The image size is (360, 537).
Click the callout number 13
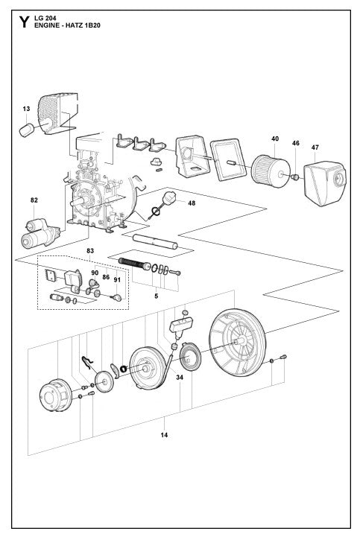click(26, 108)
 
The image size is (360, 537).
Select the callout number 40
click(275, 139)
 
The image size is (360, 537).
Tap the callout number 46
click(295, 142)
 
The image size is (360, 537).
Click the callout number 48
click(192, 203)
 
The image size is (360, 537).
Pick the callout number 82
click(34, 200)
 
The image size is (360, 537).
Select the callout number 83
click(90, 250)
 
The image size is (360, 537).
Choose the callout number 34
click(180, 378)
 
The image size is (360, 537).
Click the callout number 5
click(156, 296)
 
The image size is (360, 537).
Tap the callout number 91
click(116, 280)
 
